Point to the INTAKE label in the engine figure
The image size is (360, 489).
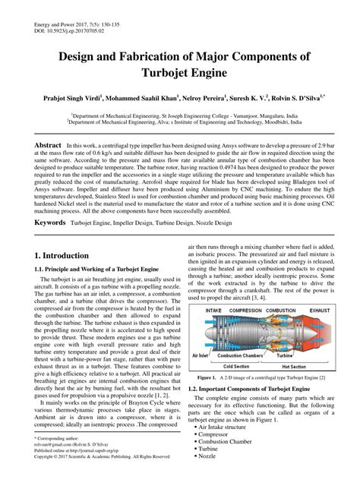[214, 311]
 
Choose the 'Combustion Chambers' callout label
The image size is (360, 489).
[242, 355]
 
